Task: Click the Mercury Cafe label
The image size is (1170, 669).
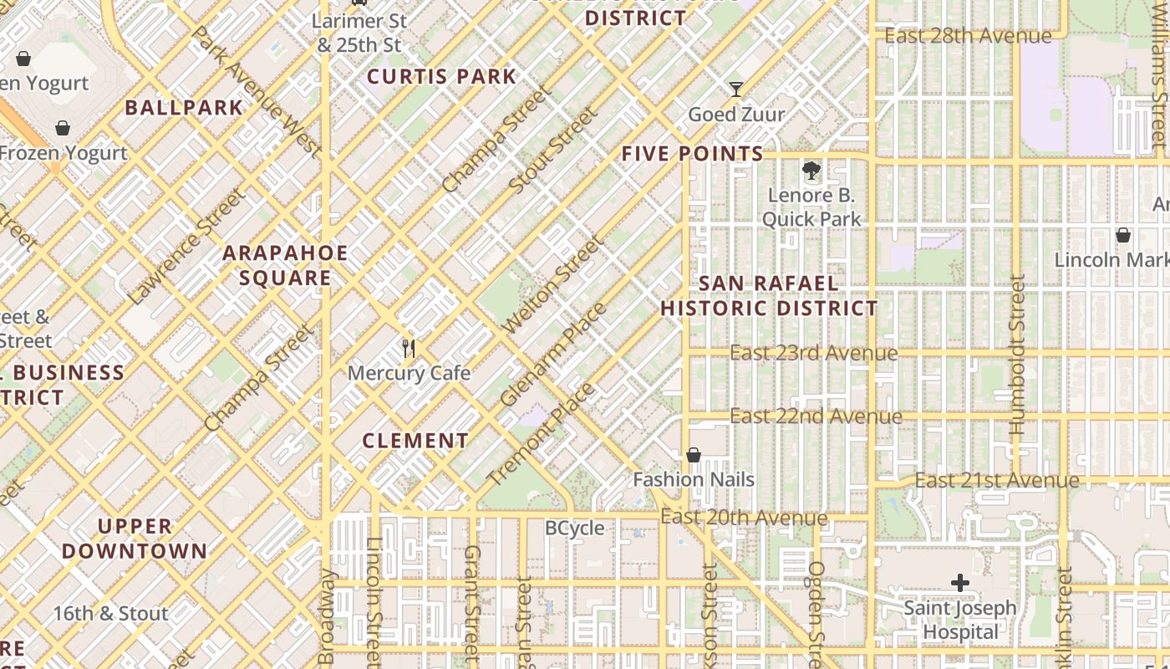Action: (409, 373)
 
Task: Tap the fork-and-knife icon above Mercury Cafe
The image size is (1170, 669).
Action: (409, 348)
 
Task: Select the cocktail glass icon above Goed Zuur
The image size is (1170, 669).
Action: (735, 89)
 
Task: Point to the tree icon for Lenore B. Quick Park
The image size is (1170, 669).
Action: (811, 171)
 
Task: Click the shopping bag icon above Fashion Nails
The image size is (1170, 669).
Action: (693, 455)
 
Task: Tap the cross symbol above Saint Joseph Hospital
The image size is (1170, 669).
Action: (960, 583)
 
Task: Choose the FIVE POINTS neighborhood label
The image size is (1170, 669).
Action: (692, 154)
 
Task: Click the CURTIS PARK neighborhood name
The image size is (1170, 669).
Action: (442, 77)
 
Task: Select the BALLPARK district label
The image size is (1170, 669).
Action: (184, 108)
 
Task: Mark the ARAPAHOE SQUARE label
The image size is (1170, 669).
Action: (285, 265)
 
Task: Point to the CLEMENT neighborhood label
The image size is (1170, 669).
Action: (415, 441)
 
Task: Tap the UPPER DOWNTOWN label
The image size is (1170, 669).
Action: (134, 539)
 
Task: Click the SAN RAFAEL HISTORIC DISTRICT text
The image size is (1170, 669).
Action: (769, 296)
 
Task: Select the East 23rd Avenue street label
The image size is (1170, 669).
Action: (813, 353)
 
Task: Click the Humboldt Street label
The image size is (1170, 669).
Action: (1016, 355)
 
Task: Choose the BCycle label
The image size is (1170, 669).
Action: (574, 529)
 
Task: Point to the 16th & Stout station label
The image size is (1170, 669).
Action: (110, 614)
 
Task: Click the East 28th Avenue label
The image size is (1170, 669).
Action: (968, 36)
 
